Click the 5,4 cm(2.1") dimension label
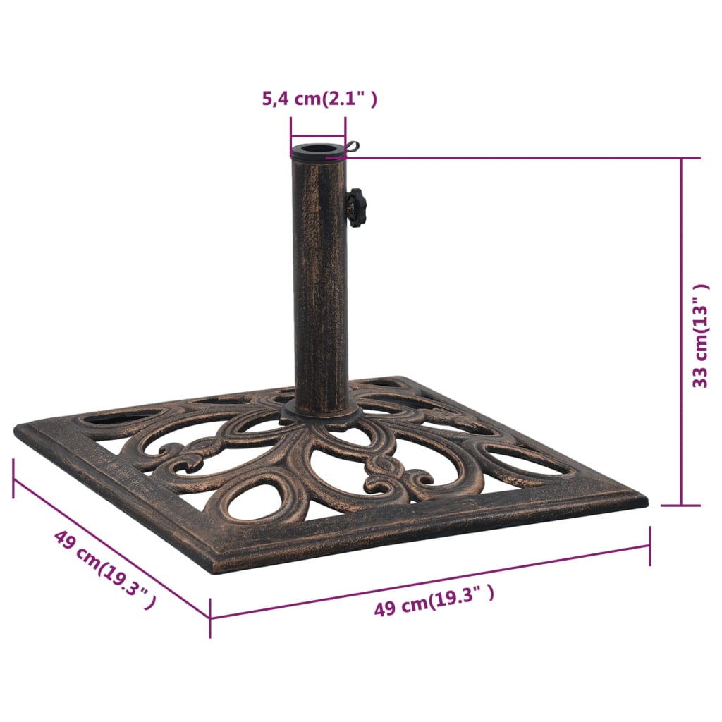tap(319, 99)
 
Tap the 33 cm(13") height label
tap(700, 336)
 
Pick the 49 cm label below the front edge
tap(434, 600)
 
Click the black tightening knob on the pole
tap(356, 207)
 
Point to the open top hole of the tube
tap(318, 149)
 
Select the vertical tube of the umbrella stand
tap(320, 282)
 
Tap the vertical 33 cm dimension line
tap(681, 331)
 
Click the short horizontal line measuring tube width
tap(318, 137)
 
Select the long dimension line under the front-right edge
tap(430, 581)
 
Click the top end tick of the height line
tap(681, 158)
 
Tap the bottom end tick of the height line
tap(681, 505)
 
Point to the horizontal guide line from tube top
tap(515, 158)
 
